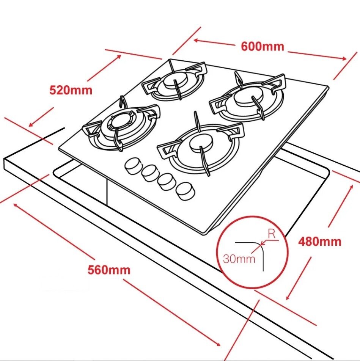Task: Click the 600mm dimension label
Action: (x=262, y=46)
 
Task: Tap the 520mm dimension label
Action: (x=71, y=90)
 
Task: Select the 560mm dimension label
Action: (x=109, y=270)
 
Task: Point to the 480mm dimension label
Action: (x=319, y=241)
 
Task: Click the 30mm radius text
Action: (x=239, y=259)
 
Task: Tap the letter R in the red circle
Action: (x=272, y=234)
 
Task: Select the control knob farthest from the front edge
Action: (x=133, y=166)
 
